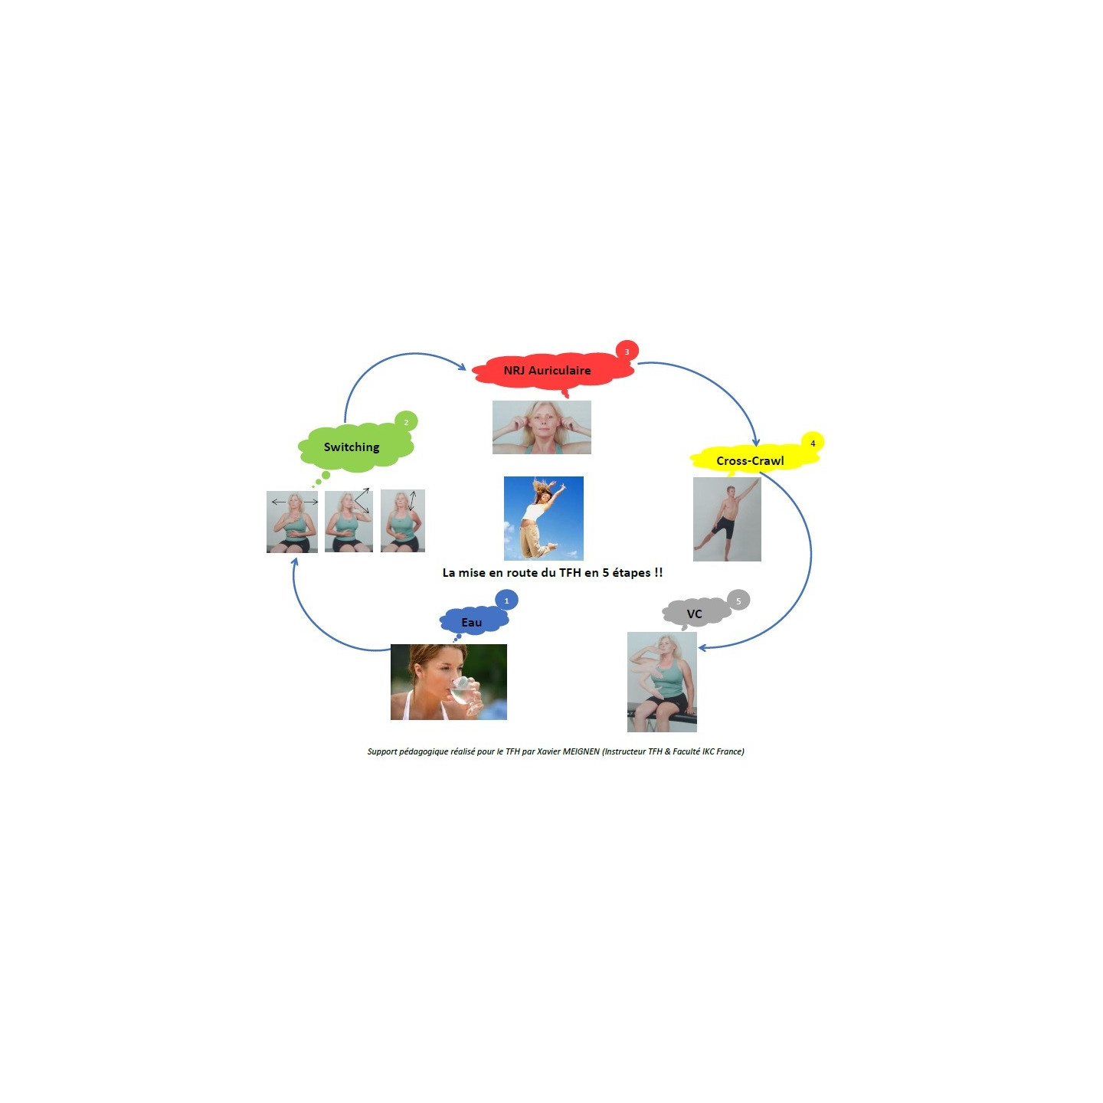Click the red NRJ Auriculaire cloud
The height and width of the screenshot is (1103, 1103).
[552, 371]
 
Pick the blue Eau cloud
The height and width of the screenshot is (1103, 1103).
[474, 622]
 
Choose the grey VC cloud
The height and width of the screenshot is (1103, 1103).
[696, 614]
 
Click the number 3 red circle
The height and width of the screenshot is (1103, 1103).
[627, 352]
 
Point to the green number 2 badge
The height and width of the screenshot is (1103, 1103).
[407, 422]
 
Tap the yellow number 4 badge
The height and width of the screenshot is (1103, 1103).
[812, 443]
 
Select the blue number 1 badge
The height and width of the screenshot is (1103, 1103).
[506, 601]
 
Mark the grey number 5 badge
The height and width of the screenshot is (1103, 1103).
[738, 601]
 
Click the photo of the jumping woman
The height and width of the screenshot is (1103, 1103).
[543, 518]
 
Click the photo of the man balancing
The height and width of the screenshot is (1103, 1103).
[727, 519]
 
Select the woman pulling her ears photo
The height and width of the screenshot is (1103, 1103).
[542, 427]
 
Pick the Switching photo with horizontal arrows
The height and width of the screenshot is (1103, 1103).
[293, 522]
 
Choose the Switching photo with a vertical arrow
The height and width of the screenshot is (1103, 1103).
[403, 521]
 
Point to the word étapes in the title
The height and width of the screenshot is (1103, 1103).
[631, 573]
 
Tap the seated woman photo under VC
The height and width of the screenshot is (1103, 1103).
[662, 682]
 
